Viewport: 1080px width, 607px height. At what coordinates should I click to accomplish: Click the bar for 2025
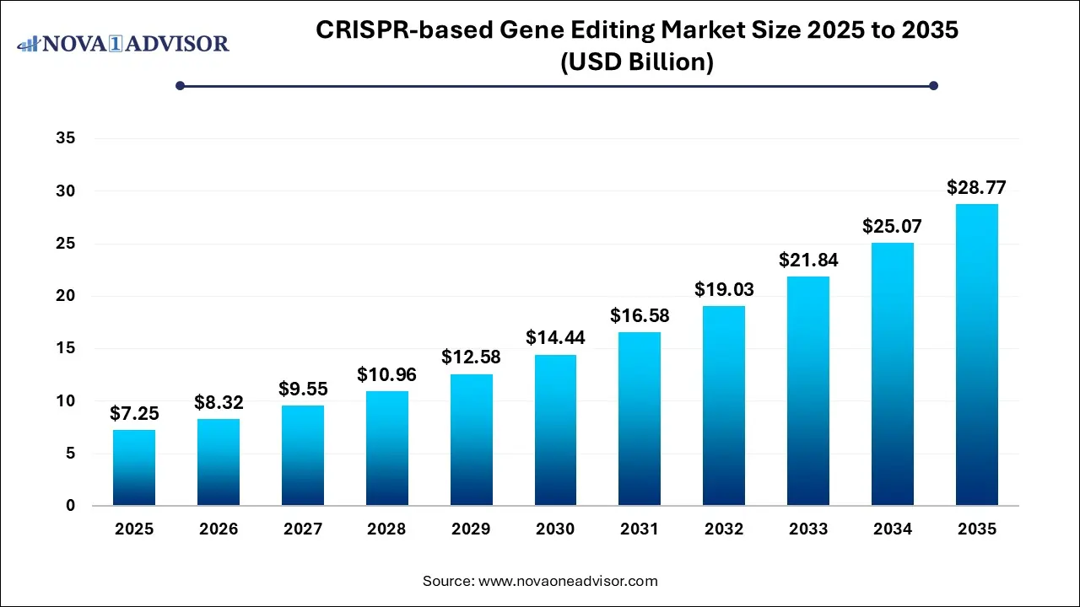134,468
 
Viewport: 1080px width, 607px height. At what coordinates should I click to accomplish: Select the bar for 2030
555,430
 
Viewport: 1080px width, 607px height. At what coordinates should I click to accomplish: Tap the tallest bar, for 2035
976,355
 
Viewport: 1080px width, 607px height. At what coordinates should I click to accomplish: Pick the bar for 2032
724,406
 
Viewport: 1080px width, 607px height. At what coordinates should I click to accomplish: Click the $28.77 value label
976,187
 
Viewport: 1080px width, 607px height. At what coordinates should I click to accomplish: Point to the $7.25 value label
134,413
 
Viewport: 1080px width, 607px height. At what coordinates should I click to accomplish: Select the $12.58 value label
471,357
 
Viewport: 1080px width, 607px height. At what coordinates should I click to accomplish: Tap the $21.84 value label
807,261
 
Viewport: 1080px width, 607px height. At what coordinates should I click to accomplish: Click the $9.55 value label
303,389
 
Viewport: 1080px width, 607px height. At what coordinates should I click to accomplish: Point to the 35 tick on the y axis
66,139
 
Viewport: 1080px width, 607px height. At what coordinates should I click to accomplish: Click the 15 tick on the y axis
66,349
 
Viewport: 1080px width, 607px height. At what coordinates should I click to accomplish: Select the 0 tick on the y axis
71,506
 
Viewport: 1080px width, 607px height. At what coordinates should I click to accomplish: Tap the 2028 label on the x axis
386,529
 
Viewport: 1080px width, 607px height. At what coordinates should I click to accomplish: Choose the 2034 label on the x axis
892,529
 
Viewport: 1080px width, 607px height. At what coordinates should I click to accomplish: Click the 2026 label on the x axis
219,529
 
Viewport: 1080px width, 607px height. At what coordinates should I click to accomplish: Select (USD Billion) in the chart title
638,62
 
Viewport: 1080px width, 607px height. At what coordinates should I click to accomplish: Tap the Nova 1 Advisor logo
123,43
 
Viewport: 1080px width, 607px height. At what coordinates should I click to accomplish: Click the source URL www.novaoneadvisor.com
568,581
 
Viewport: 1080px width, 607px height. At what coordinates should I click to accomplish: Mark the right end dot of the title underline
933,85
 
